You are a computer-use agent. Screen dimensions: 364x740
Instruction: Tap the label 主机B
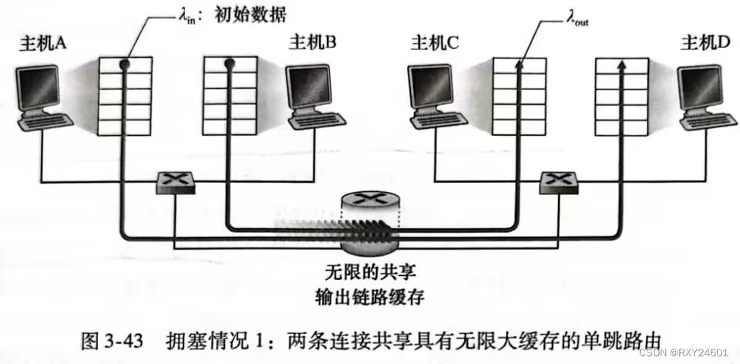[313, 43]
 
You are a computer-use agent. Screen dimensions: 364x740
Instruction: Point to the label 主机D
[705, 43]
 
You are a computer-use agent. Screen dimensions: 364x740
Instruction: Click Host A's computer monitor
[38, 86]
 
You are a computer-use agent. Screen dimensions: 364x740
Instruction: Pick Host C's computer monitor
[429, 86]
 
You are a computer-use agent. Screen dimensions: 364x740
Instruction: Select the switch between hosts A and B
[174, 182]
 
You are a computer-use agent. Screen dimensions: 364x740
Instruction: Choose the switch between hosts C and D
[559, 182]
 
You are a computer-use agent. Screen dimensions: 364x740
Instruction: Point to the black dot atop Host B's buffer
[229, 63]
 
